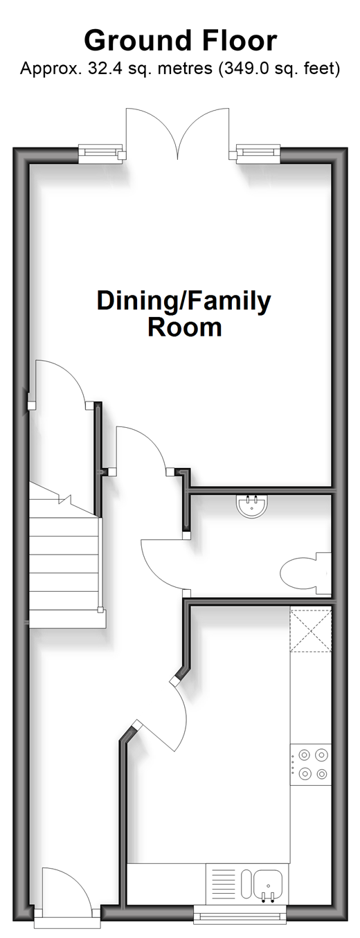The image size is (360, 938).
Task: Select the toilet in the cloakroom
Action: (x=305, y=573)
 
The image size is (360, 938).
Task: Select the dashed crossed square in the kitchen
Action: (x=311, y=630)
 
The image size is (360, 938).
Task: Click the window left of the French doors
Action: (x=100, y=154)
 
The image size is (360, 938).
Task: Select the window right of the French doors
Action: (x=258, y=154)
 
